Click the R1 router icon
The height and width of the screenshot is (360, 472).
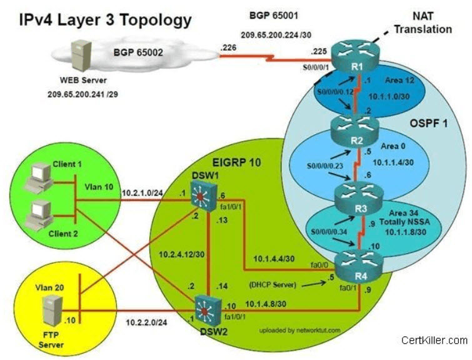click(356, 57)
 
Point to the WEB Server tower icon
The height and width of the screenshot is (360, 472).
click(81, 57)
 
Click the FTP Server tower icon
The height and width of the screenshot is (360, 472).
click(53, 311)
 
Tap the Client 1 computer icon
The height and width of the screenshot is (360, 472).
click(39, 177)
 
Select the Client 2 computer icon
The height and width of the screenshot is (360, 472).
click(39, 215)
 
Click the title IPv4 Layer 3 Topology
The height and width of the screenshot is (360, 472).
click(106, 21)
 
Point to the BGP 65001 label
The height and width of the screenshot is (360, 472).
click(274, 16)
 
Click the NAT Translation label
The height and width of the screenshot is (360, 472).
click(423, 22)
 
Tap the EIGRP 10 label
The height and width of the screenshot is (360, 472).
click(236, 162)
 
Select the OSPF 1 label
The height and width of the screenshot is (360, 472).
click(429, 123)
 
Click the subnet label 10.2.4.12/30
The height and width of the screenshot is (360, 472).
click(181, 254)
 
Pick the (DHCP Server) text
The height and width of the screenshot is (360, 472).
click(273, 284)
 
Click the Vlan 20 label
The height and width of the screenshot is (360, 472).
click(49, 287)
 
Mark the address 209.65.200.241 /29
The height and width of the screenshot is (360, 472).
click(83, 94)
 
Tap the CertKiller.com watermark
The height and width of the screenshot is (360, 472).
click(434, 340)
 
